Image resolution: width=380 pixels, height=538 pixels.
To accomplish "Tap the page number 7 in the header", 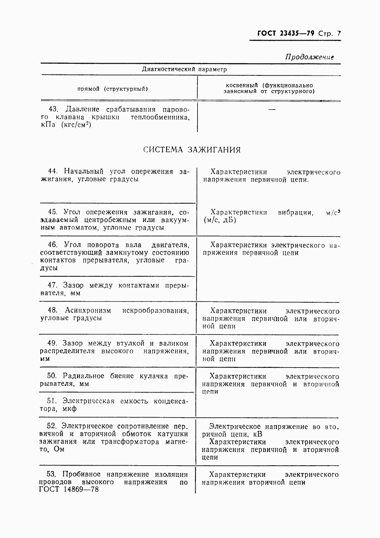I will click(x=339, y=34).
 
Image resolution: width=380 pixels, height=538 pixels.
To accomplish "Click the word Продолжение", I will click(x=309, y=57).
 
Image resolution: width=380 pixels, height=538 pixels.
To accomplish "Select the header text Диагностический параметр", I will click(x=184, y=69).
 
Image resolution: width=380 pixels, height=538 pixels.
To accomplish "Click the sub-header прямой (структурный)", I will click(x=112, y=89).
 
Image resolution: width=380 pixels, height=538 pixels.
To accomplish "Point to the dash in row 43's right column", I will click(x=271, y=110).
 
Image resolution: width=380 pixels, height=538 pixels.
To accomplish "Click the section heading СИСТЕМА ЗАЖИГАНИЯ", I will click(x=191, y=150).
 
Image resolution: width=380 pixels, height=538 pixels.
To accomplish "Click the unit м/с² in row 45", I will click(x=333, y=212).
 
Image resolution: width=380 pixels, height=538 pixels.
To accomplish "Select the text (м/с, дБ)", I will click(x=220, y=220).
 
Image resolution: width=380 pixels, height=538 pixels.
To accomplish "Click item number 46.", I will click(x=53, y=245).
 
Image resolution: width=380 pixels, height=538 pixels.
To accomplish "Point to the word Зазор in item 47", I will click(x=73, y=285).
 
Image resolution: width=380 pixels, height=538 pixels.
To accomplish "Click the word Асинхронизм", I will click(x=88, y=310).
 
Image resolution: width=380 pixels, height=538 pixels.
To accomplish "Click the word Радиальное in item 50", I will click(x=84, y=376).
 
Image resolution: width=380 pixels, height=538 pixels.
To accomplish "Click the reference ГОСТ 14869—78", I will click(x=69, y=490).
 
